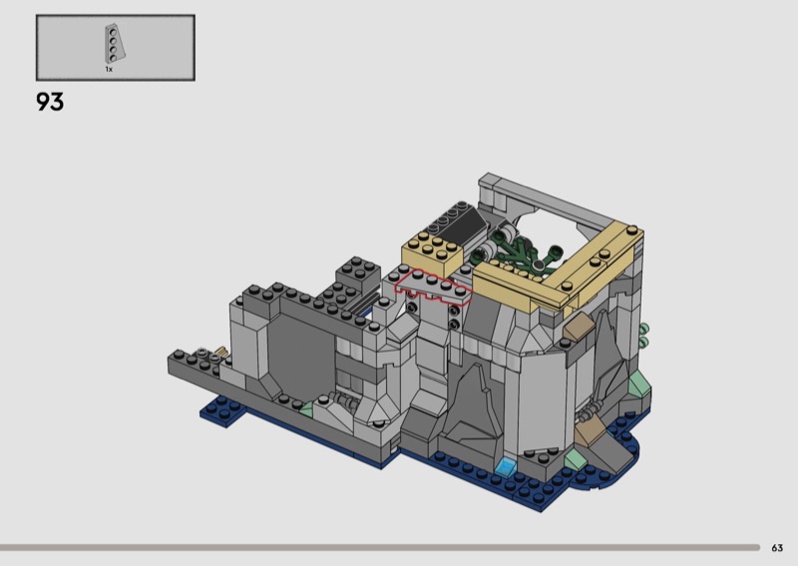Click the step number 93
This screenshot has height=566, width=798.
tap(50, 102)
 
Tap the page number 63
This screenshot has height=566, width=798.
tap(777, 548)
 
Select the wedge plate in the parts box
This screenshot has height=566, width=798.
tap(114, 44)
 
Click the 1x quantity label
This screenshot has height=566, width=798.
tap(109, 69)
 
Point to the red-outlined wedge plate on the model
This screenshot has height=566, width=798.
tap(434, 288)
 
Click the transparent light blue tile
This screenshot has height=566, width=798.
tap(506, 465)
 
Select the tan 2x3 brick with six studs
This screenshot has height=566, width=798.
tap(432, 253)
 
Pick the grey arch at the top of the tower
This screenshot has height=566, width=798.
tap(540, 198)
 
